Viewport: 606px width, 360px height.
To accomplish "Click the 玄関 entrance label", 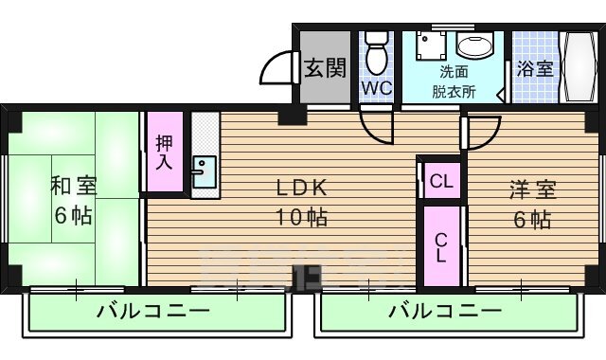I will point(324,67).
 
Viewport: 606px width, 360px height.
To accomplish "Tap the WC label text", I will point(375,88).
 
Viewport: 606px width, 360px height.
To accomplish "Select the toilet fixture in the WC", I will point(376,53).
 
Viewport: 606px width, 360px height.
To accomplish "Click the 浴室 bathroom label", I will point(534,68).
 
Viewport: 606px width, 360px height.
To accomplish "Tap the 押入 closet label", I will point(164,153).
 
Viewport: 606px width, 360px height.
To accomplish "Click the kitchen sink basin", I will point(204,171).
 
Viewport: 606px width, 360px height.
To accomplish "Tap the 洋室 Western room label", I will point(530,187).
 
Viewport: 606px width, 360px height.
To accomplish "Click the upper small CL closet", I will point(440,179).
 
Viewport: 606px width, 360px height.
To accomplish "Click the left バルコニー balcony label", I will point(152,311).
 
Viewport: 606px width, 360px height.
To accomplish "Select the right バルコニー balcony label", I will point(444,311).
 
